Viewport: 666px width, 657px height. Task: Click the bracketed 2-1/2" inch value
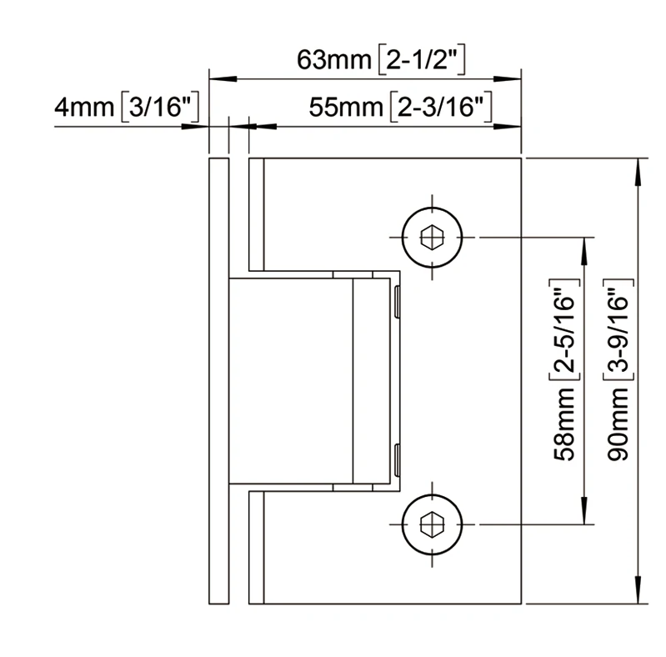pyautogui.click(x=422, y=61)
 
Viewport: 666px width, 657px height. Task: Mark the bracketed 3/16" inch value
pyautogui.click(x=158, y=108)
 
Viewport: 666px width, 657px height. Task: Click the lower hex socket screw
pyautogui.click(x=433, y=524)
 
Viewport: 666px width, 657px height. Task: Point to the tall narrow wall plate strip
pyautogui.click(x=218, y=379)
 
